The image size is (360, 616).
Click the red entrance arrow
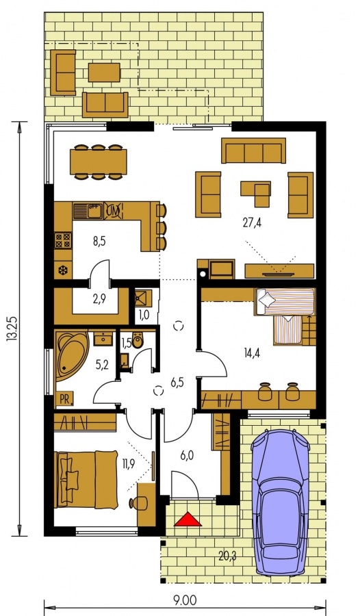tap(188, 519)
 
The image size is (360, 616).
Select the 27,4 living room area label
tap(252, 222)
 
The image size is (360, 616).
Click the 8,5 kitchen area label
tap(99, 241)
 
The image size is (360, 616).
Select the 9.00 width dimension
tap(185, 601)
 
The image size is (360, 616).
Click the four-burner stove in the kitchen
tap(63, 240)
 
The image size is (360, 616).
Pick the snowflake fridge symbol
tap(62, 270)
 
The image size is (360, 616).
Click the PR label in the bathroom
tap(65, 399)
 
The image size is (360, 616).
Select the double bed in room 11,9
tap(86, 479)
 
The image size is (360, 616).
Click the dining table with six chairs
tap(99, 162)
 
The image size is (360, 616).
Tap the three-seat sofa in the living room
tap(253, 150)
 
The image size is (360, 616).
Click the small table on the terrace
tap(104, 73)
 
